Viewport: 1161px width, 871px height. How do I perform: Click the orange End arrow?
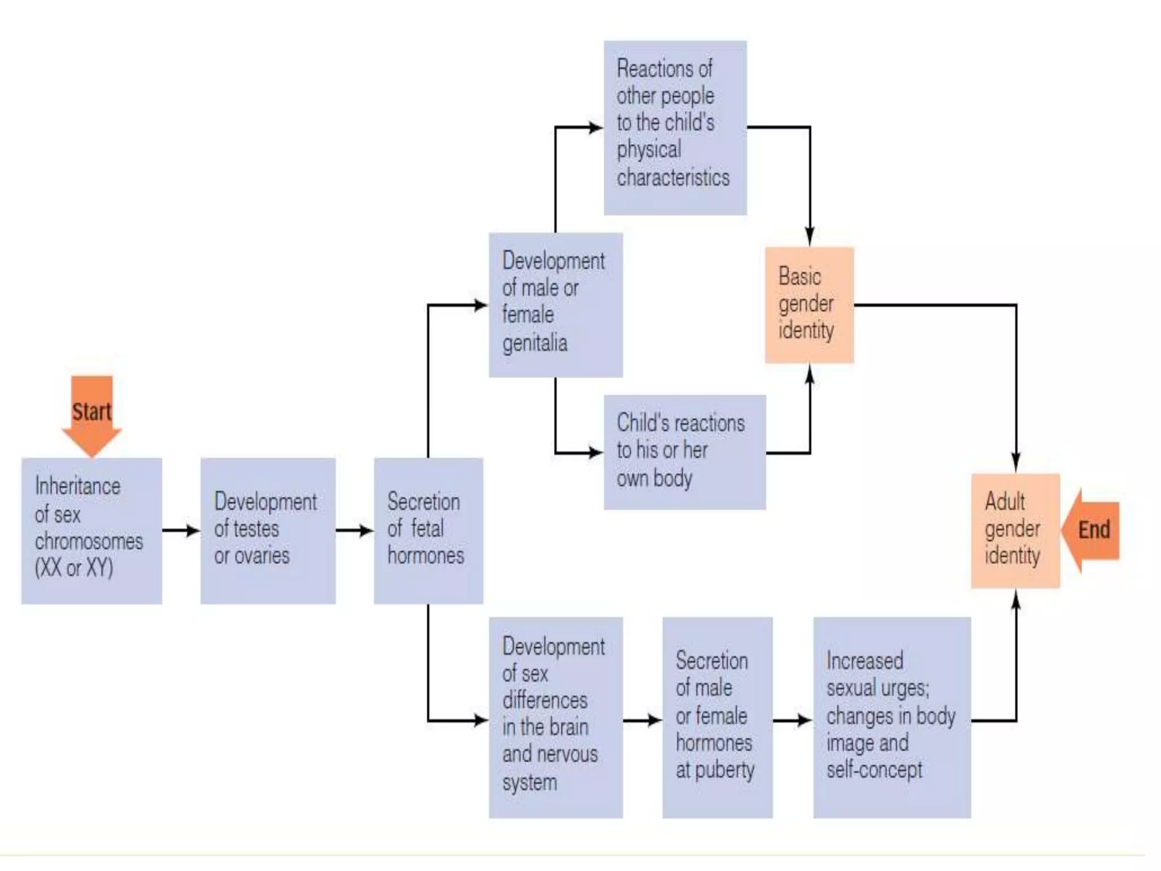pyautogui.click(x=1091, y=530)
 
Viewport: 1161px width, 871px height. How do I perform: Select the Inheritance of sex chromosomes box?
pyautogui.click(x=92, y=531)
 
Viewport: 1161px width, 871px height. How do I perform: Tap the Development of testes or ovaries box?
pyautogui.click(x=268, y=531)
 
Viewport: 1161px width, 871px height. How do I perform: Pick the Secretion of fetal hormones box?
pyautogui.click(x=428, y=531)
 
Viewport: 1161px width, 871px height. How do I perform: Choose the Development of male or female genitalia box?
pyautogui.click(x=556, y=305)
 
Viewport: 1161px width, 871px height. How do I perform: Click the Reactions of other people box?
pyautogui.click(x=675, y=128)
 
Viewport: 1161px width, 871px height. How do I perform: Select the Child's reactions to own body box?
pyautogui.click(x=684, y=452)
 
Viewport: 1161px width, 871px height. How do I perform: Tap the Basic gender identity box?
pyautogui.click(x=809, y=305)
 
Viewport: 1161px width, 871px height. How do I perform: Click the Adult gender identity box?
pyautogui.click(x=1015, y=530)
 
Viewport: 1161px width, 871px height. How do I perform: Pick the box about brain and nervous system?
pyautogui.click(x=556, y=717)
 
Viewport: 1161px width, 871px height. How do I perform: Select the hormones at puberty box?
pyautogui.click(x=717, y=717)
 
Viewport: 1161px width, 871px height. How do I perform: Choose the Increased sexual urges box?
pyautogui.click(x=892, y=717)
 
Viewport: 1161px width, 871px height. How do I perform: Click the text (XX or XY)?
pyautogui.click(x=74, y=568)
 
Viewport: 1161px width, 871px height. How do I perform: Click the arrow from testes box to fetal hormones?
pyautogui.click(x=354, y=531)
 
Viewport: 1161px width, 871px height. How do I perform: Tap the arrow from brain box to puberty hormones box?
pyautogui.click(x=642, y=721)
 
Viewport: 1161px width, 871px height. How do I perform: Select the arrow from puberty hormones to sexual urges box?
pyautogui.click(x=793, y=721)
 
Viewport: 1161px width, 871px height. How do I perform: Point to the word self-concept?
pyautogui.click(x=874, y=770)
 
